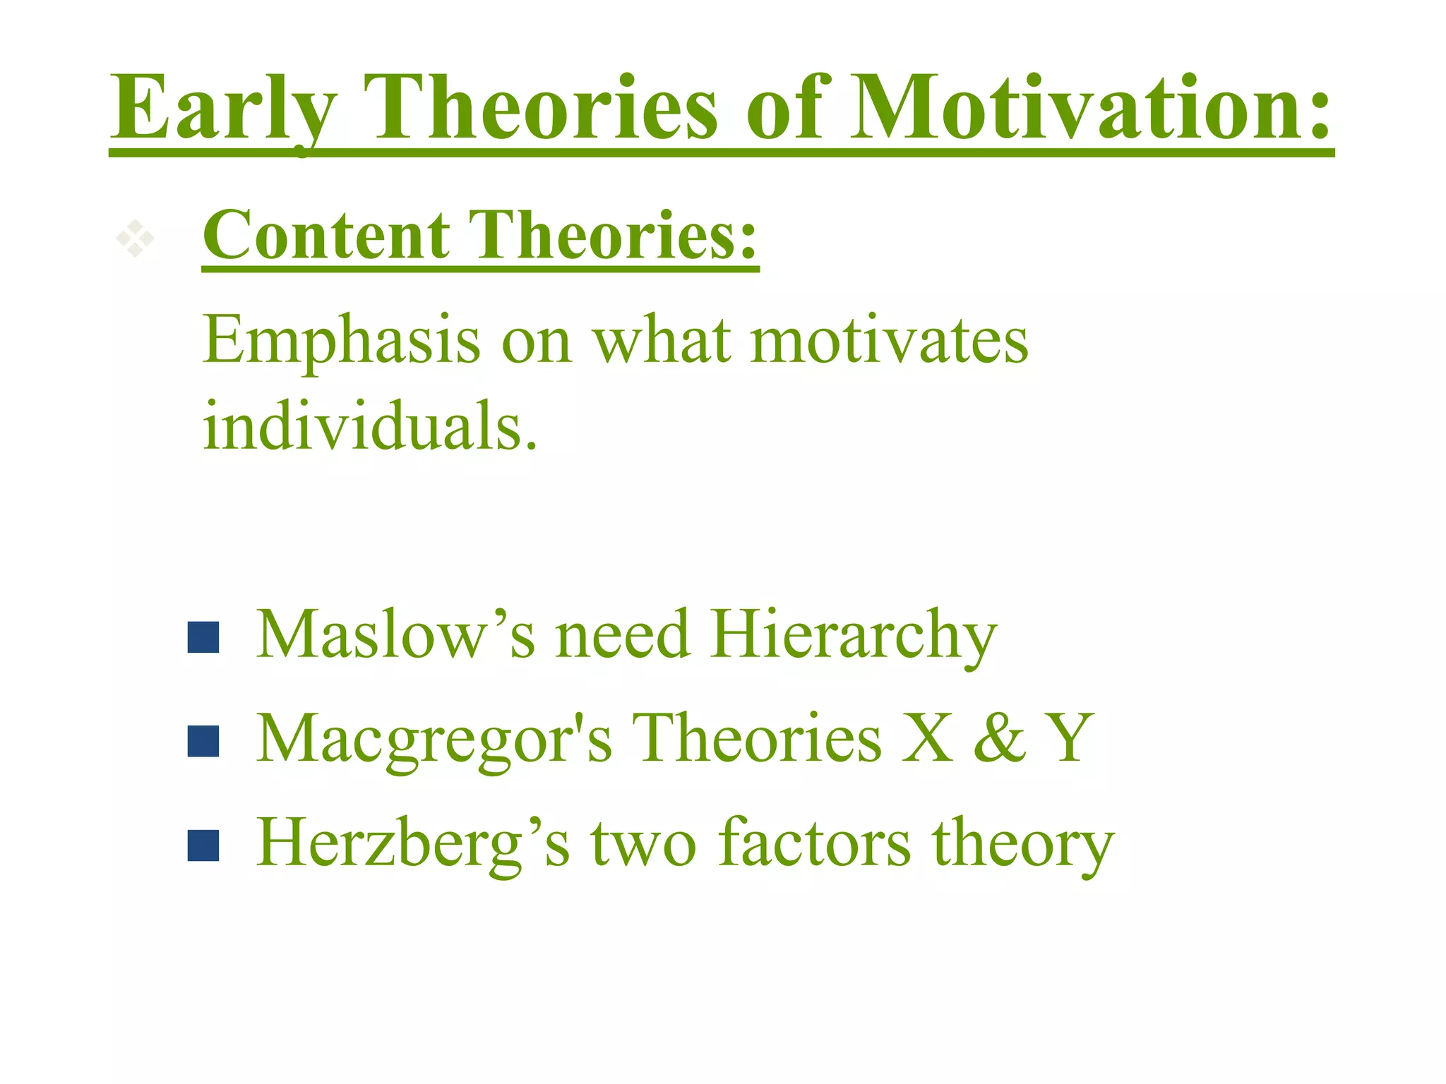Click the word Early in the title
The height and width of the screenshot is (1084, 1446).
click(x=223, y=109)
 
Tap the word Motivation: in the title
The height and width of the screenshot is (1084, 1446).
click(x=1091, y=109)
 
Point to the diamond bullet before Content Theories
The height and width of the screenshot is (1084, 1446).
click(x=135, y=239)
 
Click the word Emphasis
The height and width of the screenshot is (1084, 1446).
click(x=342, y=343)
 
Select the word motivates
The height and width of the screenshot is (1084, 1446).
click(x=889, y=342)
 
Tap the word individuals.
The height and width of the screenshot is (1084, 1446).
click(x=370, y=427)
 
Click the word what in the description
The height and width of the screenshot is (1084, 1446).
click(x=661, y=342)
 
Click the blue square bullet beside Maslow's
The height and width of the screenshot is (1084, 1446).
click(x=203, y=637)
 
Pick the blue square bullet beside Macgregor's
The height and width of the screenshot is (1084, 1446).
click(x=203, y=742)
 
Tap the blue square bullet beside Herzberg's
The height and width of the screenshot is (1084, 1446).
click(x=203, y=845)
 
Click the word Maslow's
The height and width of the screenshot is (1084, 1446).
click(x=395, y=634)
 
